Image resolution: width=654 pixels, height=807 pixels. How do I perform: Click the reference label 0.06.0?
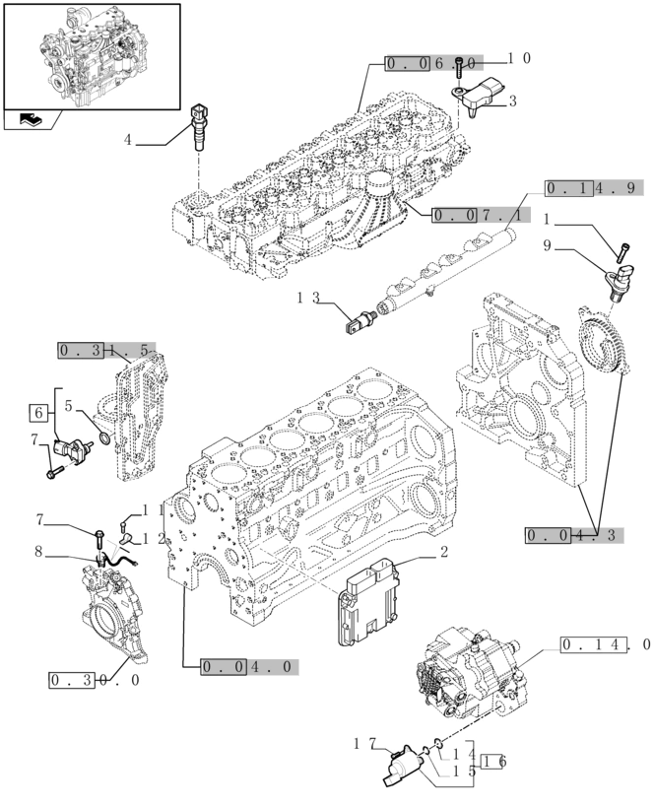432,63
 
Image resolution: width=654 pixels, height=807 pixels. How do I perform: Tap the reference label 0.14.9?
593,188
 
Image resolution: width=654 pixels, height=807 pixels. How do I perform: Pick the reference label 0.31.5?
105,350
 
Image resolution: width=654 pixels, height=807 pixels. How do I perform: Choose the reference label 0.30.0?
95,680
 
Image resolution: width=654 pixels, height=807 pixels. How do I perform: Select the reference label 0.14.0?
606,645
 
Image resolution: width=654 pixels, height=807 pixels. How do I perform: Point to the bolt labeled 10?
459,68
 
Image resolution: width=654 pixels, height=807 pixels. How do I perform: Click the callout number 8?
38,553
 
